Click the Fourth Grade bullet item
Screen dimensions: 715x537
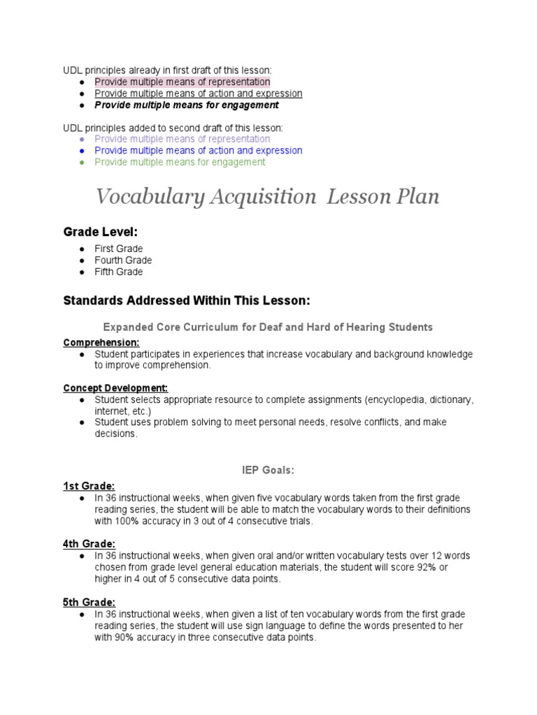[x=123, y=260]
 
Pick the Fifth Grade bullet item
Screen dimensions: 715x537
[x=119, y=272]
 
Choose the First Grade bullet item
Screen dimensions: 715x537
[x=119, y=249]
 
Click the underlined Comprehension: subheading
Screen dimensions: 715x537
[x=101, y=342]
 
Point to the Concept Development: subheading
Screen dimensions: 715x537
[x=115, y=388]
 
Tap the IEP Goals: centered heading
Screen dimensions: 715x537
[x=268, y=471]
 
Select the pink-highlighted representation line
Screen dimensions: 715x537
[x=182, y=82]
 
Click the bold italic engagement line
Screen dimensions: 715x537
[x=186, y=105]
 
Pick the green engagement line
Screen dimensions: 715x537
[x=180, y=162]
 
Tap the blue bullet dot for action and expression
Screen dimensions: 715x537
[x=82, y=151]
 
